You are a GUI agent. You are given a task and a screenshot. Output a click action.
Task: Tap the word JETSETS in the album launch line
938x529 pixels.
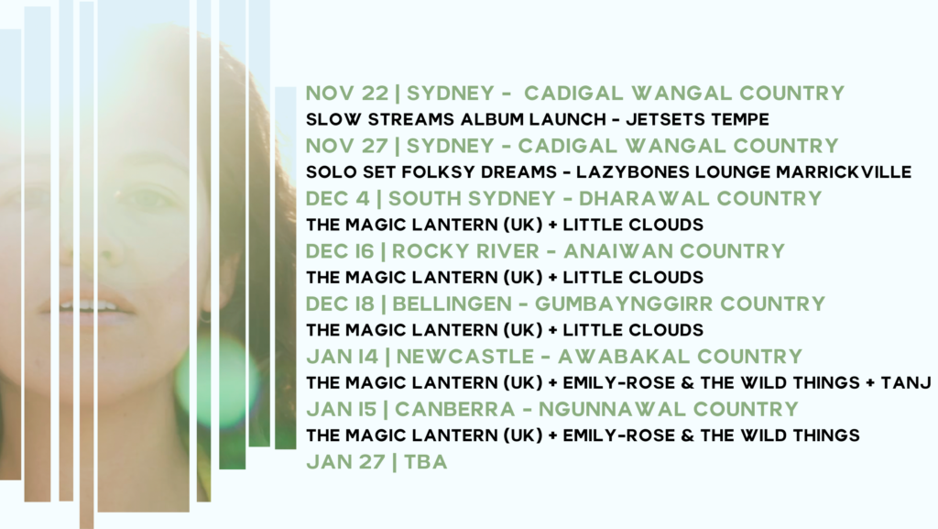click(x=657, y=120)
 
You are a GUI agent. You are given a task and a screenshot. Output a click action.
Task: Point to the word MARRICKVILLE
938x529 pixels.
click(x=844, y=172)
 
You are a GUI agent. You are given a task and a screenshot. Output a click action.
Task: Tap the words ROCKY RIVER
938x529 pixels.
click(x=465, y=251)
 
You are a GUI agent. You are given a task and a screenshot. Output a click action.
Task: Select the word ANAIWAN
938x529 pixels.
click(x=618, y=251)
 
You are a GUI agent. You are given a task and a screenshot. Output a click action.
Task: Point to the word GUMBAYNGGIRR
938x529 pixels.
click(x=623, y=304)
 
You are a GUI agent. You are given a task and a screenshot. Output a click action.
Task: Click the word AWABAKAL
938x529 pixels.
click(x=624, y=357)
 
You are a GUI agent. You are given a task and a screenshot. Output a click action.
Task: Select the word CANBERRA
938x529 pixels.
click(x=454, y=409)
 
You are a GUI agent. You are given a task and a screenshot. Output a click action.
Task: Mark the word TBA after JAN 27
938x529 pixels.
click(x=425, y=462)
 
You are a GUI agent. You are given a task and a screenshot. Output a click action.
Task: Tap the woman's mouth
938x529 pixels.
click(x=87, y=304)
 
